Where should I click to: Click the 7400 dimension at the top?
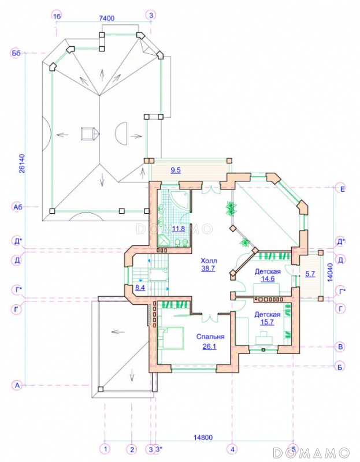(107, 18)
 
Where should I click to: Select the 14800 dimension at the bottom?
(203, 438)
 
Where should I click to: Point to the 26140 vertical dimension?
(22, 163)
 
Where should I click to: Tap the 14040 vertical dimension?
(330, 272)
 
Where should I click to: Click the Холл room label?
(209, 261)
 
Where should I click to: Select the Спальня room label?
(210, 337)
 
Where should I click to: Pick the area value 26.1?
(209, 346)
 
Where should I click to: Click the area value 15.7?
(267, 322)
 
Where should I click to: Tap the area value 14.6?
(268, 279)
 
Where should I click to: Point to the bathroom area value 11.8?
(179, 229)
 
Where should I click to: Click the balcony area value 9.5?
(176, 170)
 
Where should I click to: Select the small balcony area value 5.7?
(310, 274)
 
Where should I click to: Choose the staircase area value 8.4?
(140, 287)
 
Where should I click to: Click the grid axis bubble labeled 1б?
(57, 16)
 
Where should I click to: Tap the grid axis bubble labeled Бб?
(16, 53)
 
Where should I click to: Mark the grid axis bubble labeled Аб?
(18, 207)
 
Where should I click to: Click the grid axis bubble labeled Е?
(342, 189)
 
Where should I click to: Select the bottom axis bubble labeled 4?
(232, 449)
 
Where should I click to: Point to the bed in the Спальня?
(170, 338)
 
